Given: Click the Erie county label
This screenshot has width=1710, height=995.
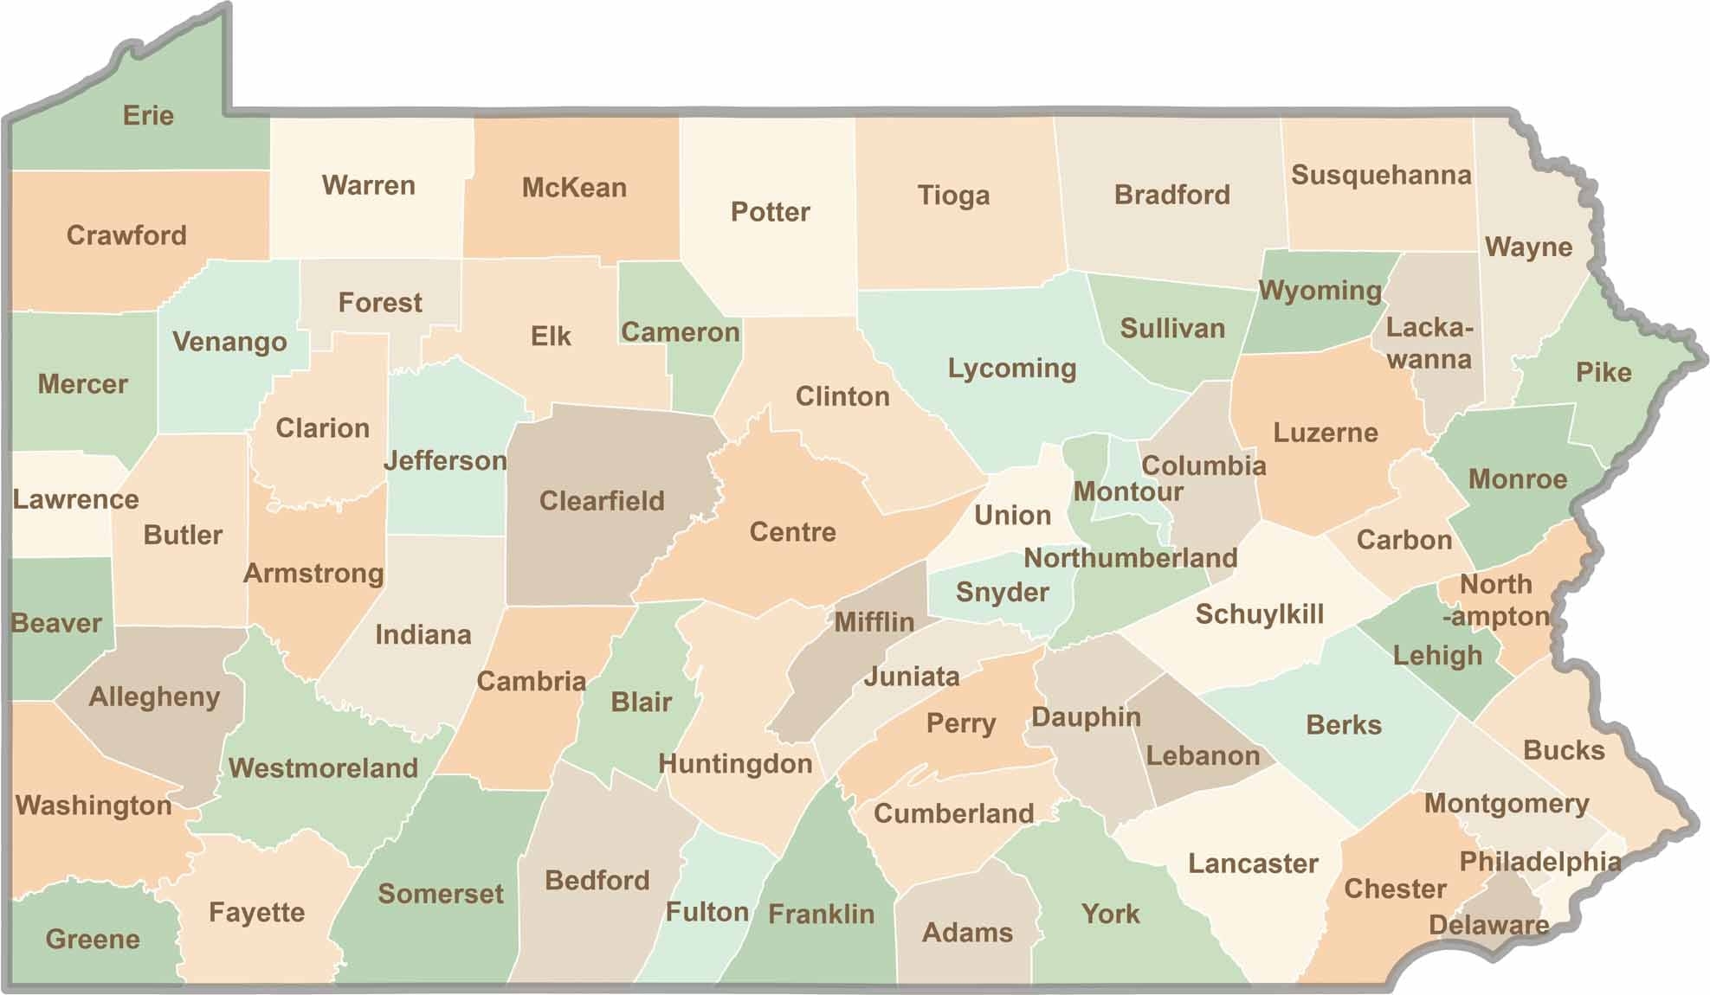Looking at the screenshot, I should coord(148,115).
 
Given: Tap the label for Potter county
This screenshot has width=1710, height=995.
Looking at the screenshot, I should coord(770,212).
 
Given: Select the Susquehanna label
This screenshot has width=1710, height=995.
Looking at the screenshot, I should coord(1381,175).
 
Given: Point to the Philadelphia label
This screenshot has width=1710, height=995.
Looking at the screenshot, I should coord(1540,862).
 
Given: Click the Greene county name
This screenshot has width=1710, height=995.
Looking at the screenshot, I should coord(93,939).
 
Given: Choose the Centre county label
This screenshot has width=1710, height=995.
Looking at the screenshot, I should coord(792,531).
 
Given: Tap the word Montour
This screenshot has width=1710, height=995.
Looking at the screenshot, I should coord(1128,491).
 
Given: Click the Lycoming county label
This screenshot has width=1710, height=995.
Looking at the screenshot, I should coord(1012,369).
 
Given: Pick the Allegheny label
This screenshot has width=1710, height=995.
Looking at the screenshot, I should coord(154,696).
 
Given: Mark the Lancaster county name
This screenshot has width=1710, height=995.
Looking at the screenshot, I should coord(1253,863).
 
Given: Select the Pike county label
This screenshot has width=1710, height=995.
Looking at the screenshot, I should coord(1604,372).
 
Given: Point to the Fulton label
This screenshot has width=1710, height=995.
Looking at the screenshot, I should coord(707,912).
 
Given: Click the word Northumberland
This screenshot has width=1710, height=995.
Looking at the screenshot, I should coord(1130,558).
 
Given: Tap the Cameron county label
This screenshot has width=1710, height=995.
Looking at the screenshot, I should coord(681,332).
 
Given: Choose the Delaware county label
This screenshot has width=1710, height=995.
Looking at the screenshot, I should coord(1488,925).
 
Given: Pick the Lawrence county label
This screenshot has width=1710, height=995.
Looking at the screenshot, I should coord(75,499).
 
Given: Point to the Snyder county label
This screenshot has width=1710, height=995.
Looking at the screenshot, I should coord(1002,593).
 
